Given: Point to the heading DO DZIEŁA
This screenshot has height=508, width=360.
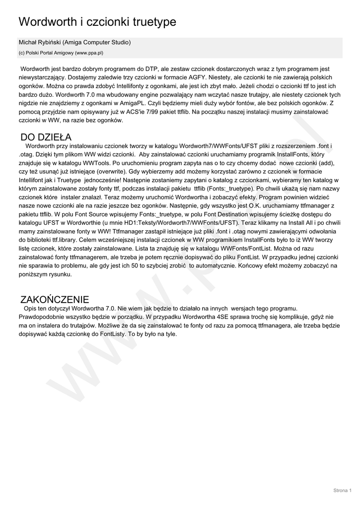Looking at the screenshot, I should click(x=46, y=137).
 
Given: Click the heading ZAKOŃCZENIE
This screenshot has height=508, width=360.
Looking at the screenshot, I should click(x=55, y=299).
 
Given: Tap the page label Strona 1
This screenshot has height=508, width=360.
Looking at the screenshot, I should click(x=342, y=491).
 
